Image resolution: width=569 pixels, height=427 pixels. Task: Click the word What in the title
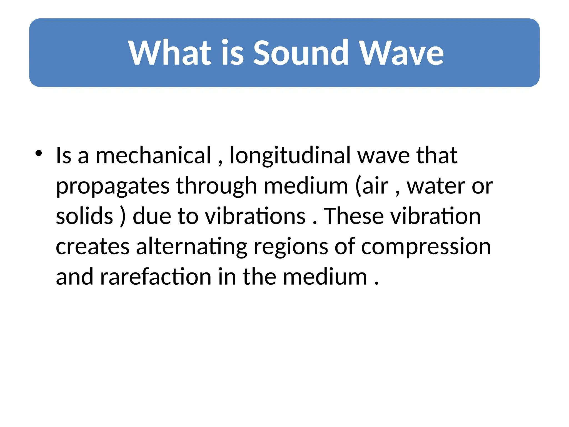click(170, 53)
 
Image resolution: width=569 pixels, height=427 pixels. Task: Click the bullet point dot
click(39, 153)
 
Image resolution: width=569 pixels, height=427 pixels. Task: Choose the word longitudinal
click(290, 156)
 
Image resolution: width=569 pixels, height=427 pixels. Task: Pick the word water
click(436, 186)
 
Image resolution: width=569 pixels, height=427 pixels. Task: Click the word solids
click(84, 216)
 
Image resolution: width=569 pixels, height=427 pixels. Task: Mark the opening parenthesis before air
click(358, 186)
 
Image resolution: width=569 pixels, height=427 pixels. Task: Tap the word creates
click(93, 247)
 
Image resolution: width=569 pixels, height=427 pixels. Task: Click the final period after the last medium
click(376, 284)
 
